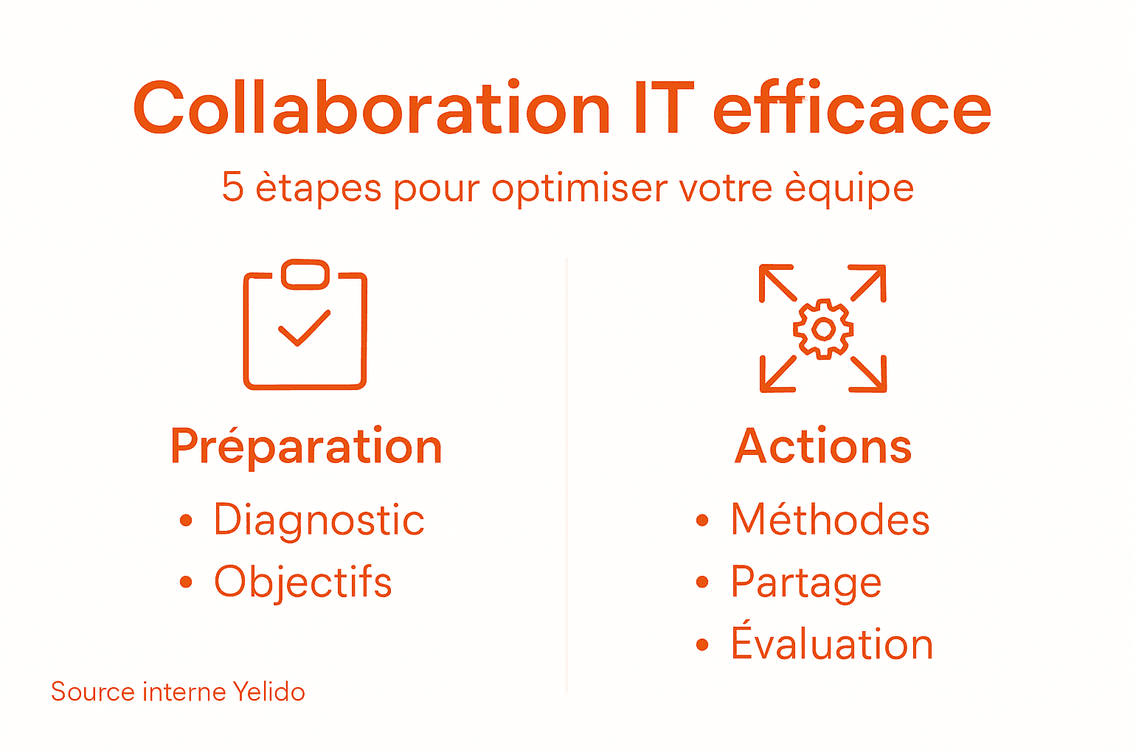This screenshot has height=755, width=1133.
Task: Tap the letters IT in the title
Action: (663, 109)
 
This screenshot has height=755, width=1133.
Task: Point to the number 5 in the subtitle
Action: (232, 187)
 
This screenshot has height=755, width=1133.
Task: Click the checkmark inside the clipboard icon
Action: (304, 328)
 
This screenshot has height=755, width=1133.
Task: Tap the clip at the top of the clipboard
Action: (305, 274)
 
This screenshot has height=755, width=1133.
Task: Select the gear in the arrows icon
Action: (823, 329)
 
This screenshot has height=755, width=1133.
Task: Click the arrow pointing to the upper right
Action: (869, 282)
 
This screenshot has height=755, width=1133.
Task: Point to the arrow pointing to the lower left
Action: (777, 374)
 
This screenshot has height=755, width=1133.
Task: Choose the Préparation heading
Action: (306, 447)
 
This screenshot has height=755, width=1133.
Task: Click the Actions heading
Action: (823, 447)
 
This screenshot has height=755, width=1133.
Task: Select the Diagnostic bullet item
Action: (319, 520)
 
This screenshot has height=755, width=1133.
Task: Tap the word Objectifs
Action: (302, 582)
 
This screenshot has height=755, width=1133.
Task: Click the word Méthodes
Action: (830, 520)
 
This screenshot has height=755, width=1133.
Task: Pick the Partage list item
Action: (805, 582)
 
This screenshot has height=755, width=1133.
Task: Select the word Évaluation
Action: (831, 643)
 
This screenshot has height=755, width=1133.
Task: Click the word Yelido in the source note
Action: (268, 692)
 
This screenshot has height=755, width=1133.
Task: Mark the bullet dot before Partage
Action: (702, 582)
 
